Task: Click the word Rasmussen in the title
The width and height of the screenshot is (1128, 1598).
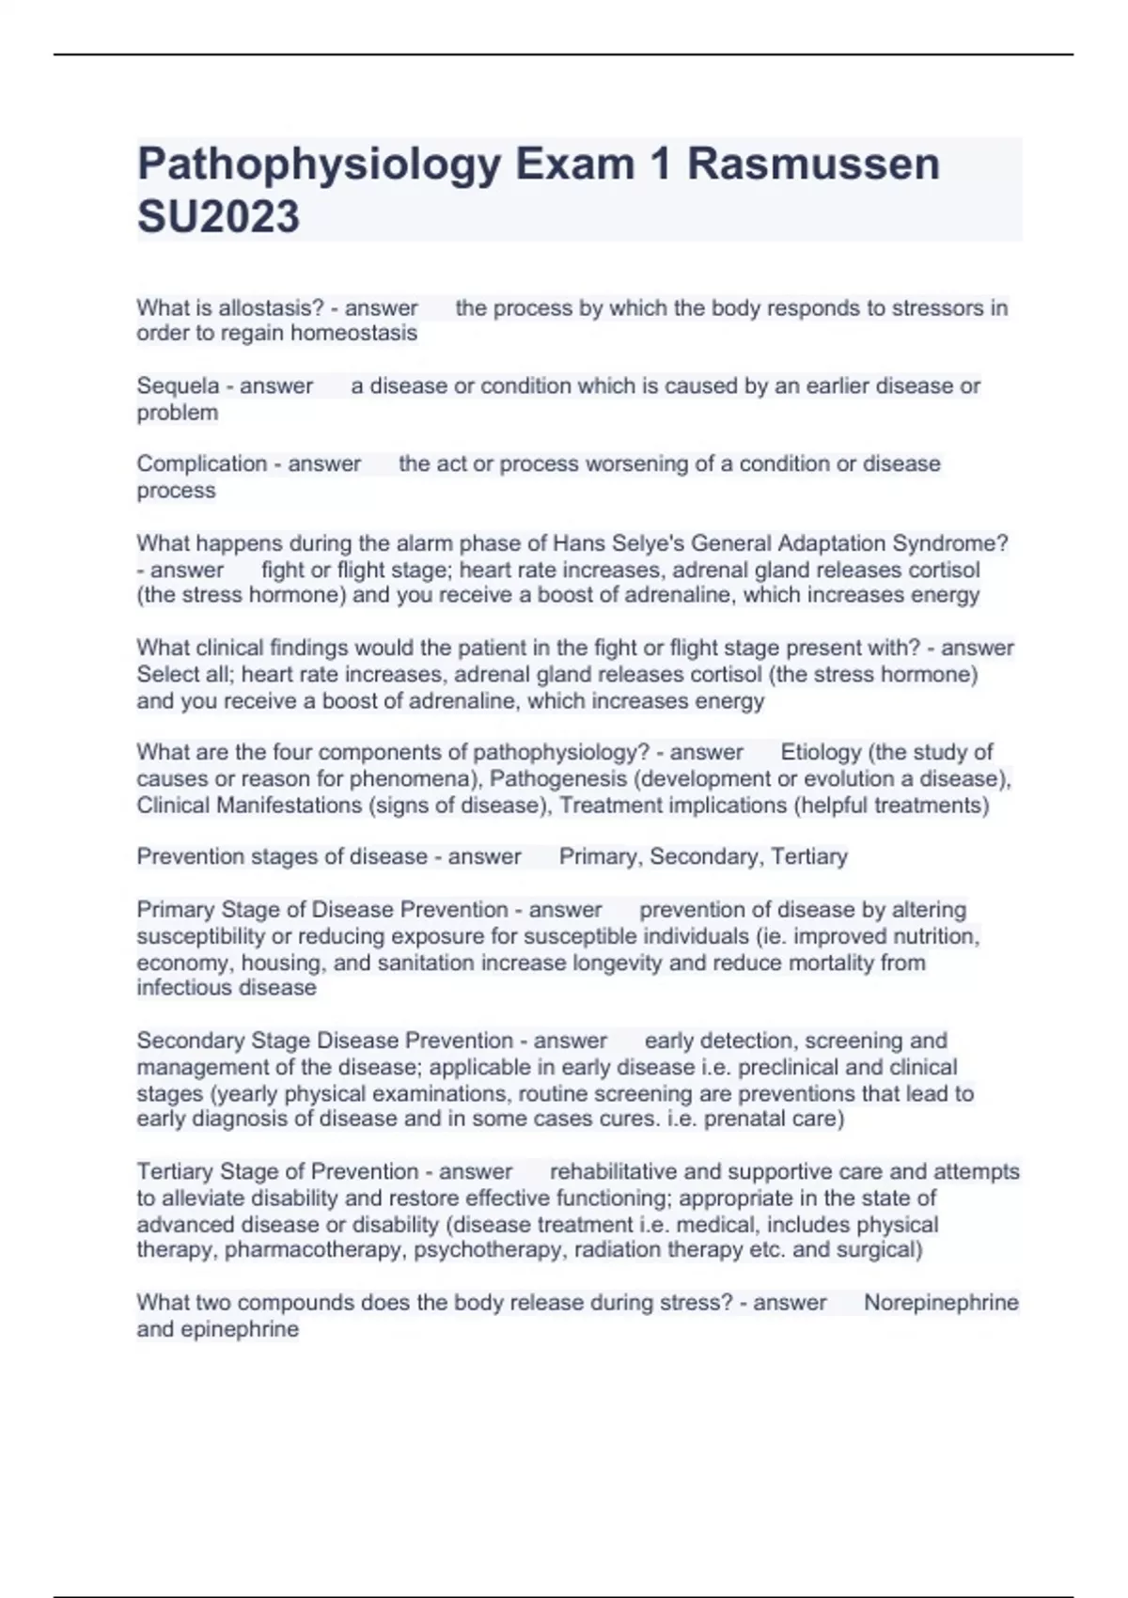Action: click(813, 164)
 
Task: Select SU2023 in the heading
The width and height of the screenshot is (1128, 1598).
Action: click(218, 217)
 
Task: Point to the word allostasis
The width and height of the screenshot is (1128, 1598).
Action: click(271, 307)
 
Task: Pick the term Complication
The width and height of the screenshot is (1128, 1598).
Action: click(202, 463)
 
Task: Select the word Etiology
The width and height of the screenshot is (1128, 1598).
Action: click(821, 752)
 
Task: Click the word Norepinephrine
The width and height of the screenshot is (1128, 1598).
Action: click(941, 1303)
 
